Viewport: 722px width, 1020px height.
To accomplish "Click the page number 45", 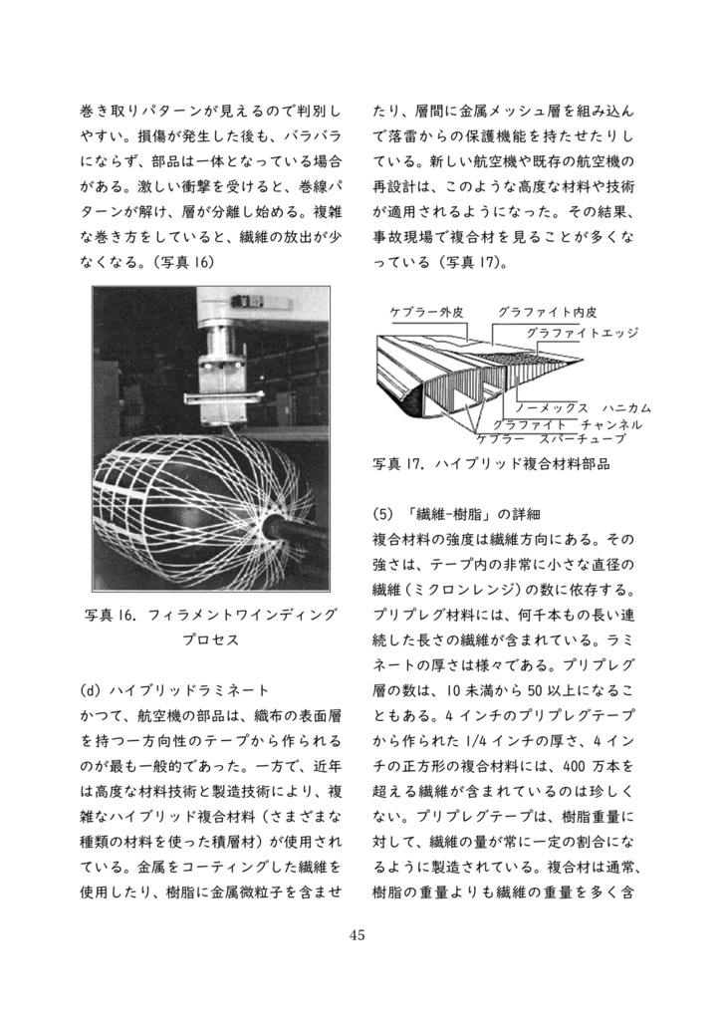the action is click(x=360, y=935).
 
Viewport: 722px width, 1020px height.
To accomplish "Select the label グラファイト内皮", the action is click(x=547, y=312).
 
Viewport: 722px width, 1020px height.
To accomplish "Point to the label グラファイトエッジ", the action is click(x=582, y=333).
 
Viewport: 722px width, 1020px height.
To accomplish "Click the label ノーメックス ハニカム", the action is click(x=583, y=408).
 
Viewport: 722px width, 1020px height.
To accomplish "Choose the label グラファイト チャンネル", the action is click(x=567, y=423).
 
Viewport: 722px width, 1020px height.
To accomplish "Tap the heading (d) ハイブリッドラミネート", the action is click(x=174, y=689).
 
